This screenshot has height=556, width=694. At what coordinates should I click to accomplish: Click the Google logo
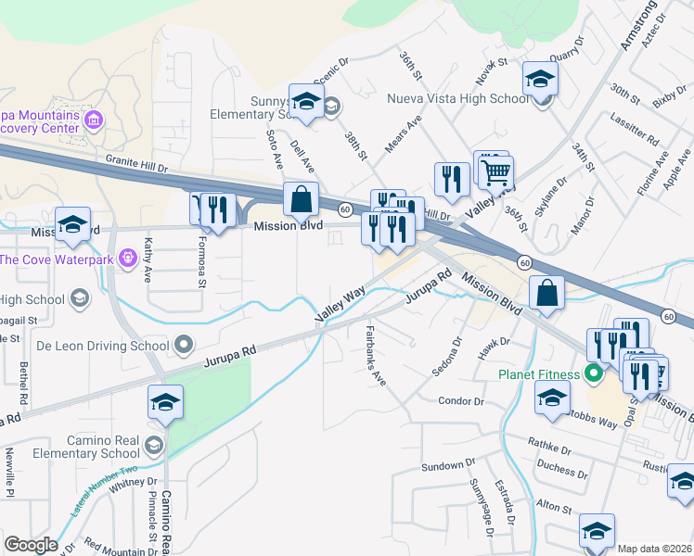tap(30, 545)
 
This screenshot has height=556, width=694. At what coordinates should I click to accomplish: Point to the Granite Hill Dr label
tap(136, 164)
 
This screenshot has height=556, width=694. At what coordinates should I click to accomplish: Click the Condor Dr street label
tap(461, 401)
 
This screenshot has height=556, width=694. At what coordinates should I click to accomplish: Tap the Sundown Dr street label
tap(447, 465)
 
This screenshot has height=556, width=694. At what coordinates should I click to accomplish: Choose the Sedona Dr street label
tap(445, 357)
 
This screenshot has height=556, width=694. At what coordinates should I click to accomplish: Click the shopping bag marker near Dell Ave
tap(301, 198)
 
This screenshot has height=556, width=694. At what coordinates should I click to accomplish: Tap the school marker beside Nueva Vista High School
tap(539, 80)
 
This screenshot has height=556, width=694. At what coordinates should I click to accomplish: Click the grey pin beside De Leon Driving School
tap(184, 347)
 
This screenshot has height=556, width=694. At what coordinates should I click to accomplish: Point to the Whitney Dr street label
tap(134, 482)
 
